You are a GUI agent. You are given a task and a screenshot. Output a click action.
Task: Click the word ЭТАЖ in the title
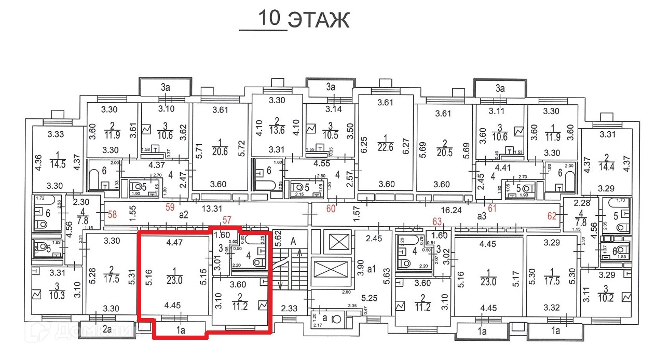[x=318, y=20]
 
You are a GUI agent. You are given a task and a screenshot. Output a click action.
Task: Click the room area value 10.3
[x=58, y=295]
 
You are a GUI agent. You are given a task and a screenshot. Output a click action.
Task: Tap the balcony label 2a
[x=108, y=328]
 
